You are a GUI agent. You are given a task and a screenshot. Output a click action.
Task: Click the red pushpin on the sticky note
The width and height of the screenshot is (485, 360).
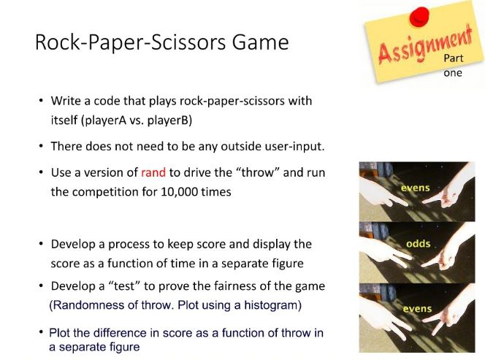click(419, 17)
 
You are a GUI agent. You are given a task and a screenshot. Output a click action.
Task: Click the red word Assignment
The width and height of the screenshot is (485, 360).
click(425, 45)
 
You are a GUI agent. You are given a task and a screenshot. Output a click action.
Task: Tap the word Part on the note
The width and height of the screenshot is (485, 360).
click(453, 58)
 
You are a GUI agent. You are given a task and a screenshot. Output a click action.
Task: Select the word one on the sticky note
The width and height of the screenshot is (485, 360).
click(453, 73)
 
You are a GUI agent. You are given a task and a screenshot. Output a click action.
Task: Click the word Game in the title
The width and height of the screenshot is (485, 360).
click(261, 42)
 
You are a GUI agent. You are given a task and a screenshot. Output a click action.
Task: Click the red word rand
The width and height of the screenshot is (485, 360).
click(153, 172)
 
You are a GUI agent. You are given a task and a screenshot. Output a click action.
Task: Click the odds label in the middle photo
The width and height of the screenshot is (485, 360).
click(419, 244)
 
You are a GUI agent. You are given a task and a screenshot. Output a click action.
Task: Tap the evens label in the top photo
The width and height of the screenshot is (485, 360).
click(415, 188)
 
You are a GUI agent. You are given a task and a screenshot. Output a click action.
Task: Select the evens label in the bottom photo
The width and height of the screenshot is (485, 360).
click(417, 309)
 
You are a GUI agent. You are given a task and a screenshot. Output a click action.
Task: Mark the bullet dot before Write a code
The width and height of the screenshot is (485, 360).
click(41, 101)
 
